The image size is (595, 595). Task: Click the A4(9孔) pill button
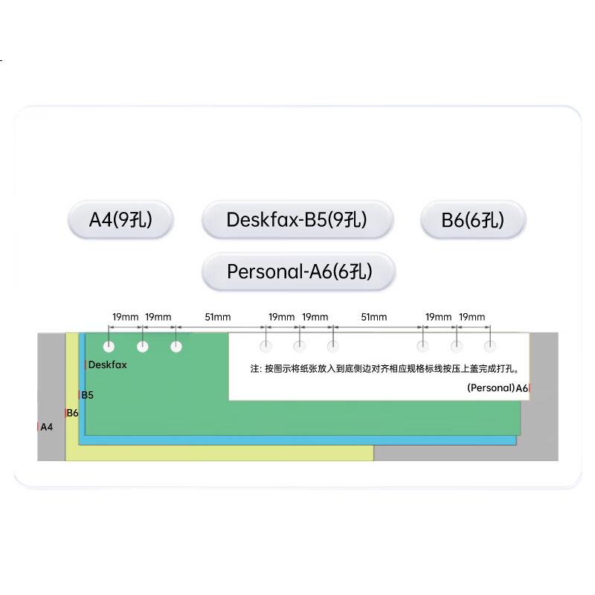point(120,219)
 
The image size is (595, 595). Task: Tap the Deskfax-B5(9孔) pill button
point(297,219)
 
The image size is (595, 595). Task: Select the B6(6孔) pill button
point(473,219)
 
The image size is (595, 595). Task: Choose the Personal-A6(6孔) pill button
point(299,271)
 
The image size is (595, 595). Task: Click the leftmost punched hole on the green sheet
point(109,347)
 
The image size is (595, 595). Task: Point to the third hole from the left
point(176,347)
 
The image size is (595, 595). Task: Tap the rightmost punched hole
point(490,346)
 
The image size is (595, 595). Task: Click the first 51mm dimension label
point(218,317)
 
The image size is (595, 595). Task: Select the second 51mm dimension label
point(374,317)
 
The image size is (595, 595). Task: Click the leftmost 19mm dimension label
point(126,317)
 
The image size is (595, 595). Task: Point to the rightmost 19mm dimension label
point(472,317)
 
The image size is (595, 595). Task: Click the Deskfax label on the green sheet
point(107,364)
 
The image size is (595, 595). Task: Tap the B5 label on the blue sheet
point(87,395)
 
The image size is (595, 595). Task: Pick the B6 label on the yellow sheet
point(72,413)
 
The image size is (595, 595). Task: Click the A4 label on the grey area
point(46,427)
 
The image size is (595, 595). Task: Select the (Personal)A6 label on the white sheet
point(498,387)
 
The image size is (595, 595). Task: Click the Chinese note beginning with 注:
point(385,369)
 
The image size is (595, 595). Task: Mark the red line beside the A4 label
point(38,427)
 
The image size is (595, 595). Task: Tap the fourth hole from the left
point(266,346)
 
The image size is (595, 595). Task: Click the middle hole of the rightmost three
point(457,346)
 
